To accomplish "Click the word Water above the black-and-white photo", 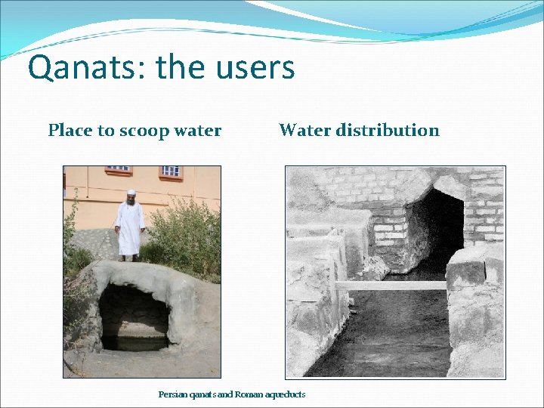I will pos(302,130).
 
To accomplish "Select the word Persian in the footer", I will pos(172,394).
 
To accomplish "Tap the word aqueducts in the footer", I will pos(283,394).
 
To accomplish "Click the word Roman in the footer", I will pos(246,394).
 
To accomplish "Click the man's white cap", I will pos(131,193).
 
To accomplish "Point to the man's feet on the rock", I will pos(129,258).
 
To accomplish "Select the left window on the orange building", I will pos(117,169).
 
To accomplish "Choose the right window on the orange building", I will pos(171,171).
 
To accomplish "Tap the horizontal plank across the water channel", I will pos(393,286).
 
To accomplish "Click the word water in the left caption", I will pos(197,131).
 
